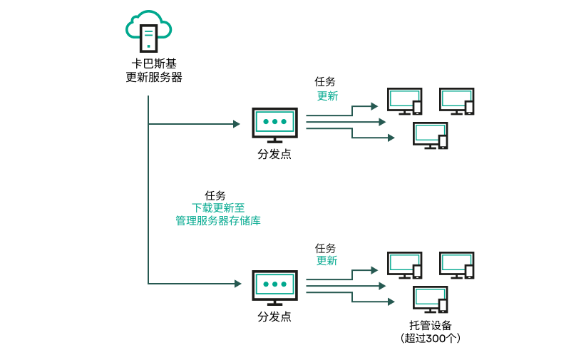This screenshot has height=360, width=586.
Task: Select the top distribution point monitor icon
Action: click(274, 123)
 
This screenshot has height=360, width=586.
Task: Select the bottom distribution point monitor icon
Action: click(274, 286)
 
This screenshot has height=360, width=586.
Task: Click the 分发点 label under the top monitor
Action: click(274, 153)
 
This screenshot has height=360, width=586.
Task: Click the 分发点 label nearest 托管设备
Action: click(274, 317)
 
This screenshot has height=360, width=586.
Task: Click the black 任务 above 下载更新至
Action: click(215, 195)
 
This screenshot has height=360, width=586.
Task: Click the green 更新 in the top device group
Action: click(327, 96)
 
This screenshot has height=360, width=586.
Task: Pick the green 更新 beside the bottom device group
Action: click(327, 261)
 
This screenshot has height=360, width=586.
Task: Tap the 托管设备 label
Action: click(430, 325)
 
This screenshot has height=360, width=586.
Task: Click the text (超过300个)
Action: click(430, 339)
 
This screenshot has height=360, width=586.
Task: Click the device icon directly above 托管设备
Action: click(430, 299)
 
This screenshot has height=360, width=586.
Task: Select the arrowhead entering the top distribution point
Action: click(237, 124)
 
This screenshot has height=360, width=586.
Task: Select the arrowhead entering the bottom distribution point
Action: click(237, 284)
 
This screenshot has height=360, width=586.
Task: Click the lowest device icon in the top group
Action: click(430, 135)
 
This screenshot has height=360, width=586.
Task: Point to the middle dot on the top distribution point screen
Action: click(274, 122)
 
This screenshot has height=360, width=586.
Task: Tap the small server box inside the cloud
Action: click(148, 36)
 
